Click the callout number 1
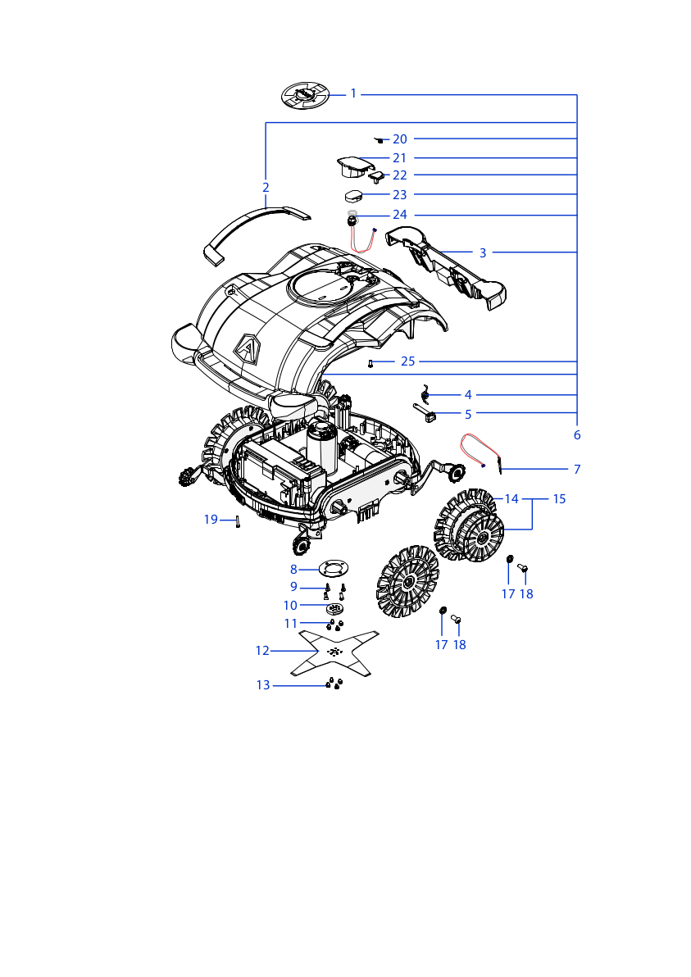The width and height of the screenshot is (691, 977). [x=353, y=94]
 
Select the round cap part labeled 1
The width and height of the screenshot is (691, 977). [x=305, y=96]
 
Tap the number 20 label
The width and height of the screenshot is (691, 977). [x=399, y=139]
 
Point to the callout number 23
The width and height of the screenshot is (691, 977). [x=399, y=195]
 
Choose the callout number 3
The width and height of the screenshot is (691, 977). [x=482, y=253]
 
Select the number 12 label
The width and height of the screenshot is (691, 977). [x=262, y=651]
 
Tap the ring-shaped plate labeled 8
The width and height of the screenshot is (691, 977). [x=334, y=568]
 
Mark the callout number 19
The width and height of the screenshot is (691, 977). [x=211, y=520]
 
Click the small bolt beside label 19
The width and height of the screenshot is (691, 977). [x=238, y=522]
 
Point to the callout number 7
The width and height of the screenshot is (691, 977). [x=577, y=469]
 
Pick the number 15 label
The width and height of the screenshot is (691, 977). [x=559, y=499]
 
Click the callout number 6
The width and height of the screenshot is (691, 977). [x=577, y=435]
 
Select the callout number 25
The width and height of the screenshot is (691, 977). [x=407, y=361]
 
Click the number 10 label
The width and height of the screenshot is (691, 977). [x=290, y=606]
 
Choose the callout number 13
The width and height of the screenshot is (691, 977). [x=263, y=685]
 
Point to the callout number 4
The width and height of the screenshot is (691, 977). [x=468, y=395]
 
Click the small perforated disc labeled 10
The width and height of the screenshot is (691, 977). [x=335, y=608]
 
